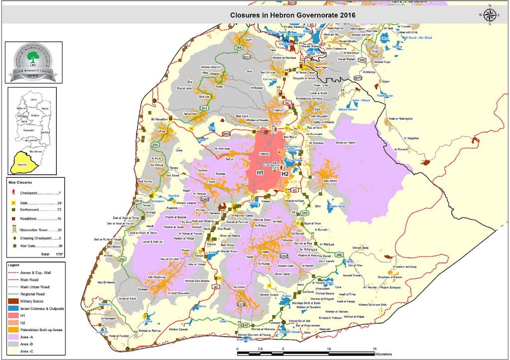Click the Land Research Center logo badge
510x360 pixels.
(x=33, y=62)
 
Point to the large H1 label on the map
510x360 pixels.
(x=259, y=172)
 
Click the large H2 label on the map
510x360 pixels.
(x=285, y=174)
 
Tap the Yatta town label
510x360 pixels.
(x=264, y=252)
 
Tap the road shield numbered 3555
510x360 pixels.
(x=226, y=134)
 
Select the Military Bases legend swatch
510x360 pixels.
(x=12, y=301)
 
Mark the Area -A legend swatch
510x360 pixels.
(x=12, y=337)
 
